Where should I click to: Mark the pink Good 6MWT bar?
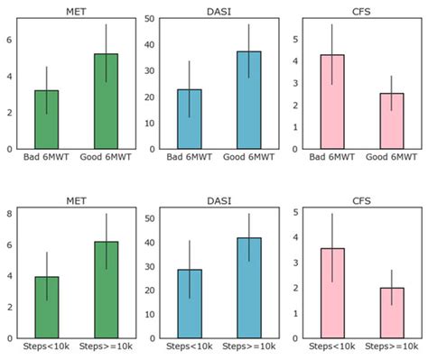click(391, 121)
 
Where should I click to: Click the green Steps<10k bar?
click(47, 308)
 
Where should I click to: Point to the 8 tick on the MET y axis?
click(10, 214)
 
